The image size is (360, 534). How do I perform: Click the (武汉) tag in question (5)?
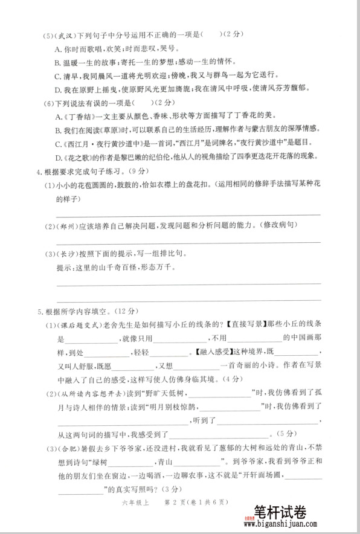click(65, 35)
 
